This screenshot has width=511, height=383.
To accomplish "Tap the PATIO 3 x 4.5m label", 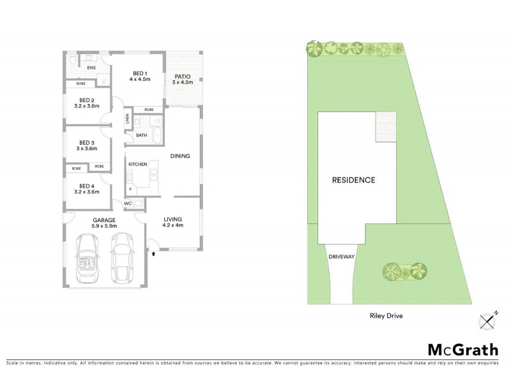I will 183,79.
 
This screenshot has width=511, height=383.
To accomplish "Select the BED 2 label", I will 87,103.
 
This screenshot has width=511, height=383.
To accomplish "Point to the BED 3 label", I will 87,145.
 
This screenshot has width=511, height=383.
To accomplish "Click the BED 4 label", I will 87,188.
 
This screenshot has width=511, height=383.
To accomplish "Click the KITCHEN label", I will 138,165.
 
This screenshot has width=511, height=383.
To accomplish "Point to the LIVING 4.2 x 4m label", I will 172,222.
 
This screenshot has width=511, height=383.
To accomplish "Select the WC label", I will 127,204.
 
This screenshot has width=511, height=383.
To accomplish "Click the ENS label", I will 91,67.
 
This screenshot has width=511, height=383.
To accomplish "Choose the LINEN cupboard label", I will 128,119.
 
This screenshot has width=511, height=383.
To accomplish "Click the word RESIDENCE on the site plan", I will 353,180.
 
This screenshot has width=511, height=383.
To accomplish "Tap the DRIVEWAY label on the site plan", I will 341,256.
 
